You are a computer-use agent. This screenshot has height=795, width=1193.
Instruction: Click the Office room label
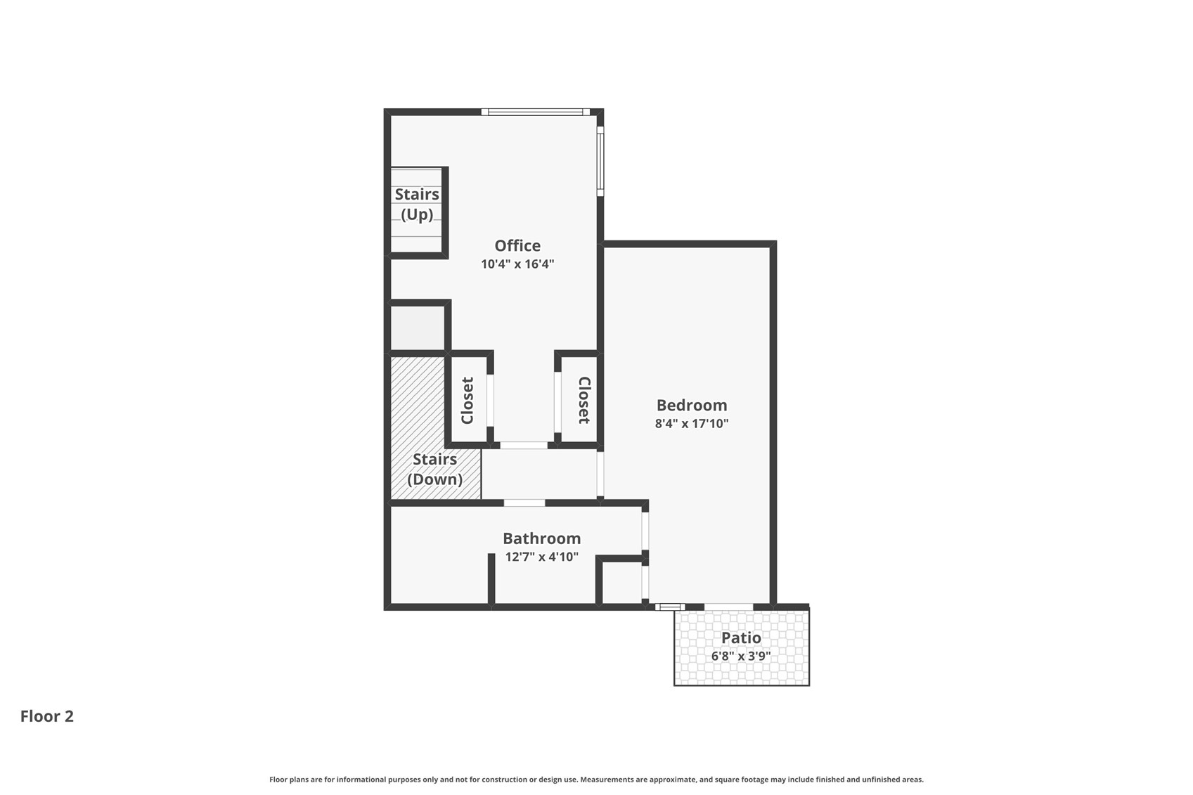(x=517, y=245)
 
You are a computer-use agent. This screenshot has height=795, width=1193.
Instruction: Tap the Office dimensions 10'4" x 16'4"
(x=517, y=264)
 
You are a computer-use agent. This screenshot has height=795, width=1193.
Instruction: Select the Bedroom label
(x=691, y=405)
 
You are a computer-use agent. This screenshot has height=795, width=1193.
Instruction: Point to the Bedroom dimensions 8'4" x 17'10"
(x=691, y=423)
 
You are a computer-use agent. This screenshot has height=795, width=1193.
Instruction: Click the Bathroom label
(x=541, y=538)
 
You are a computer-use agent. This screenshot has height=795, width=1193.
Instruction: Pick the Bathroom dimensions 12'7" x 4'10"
(x=541, y=557)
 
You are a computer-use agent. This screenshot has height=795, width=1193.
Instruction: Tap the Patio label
(x=741, y=638)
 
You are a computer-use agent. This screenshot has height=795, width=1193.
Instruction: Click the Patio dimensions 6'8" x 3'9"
(x=741, y=656)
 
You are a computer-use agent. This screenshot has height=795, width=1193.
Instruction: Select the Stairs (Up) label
(x=417, y=205)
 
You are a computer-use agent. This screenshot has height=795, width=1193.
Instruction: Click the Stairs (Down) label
(x=434, y=469)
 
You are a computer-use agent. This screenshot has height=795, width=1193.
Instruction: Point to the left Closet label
(x=467, y=401)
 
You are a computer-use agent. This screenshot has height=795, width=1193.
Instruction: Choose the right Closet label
(x=584, y=401)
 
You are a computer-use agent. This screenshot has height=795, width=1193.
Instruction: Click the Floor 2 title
(x=47, y=716)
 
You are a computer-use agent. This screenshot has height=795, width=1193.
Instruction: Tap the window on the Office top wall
(x=535, y=112)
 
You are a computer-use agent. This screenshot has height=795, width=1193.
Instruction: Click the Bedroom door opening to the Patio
(x=728, y=607)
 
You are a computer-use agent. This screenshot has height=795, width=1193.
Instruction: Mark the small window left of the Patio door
(x=670, y=607)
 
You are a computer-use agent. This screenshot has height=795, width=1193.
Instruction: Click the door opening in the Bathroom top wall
(x=524, y=503)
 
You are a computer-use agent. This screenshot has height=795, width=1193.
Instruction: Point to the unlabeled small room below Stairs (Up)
(x=418, y=328)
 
